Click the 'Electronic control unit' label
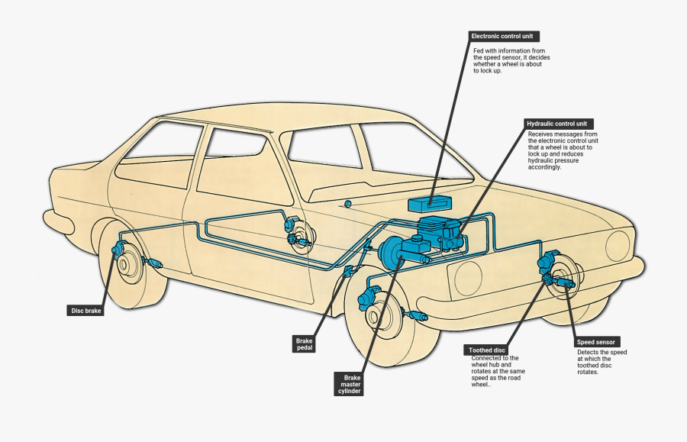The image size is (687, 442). (505, 36)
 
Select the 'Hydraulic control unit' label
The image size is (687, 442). (560, 124)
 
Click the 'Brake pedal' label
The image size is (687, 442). (304, 344)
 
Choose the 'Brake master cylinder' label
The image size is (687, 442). (351, 384)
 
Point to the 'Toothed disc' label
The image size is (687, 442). (487, 350)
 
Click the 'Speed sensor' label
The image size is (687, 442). (596, 342)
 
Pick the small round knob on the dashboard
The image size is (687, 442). (347, 204)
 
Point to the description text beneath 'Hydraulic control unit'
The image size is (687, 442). (563, 150)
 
